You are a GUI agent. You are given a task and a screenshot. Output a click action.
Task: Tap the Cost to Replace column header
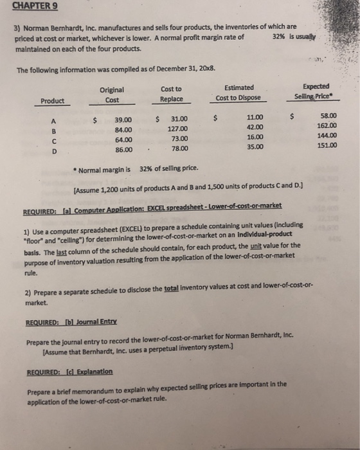click(x=171, y=94)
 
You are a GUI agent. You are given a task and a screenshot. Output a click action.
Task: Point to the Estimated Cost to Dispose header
click(x=239, y=93)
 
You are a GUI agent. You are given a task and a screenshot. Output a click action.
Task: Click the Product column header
click(x=52, y=100)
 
